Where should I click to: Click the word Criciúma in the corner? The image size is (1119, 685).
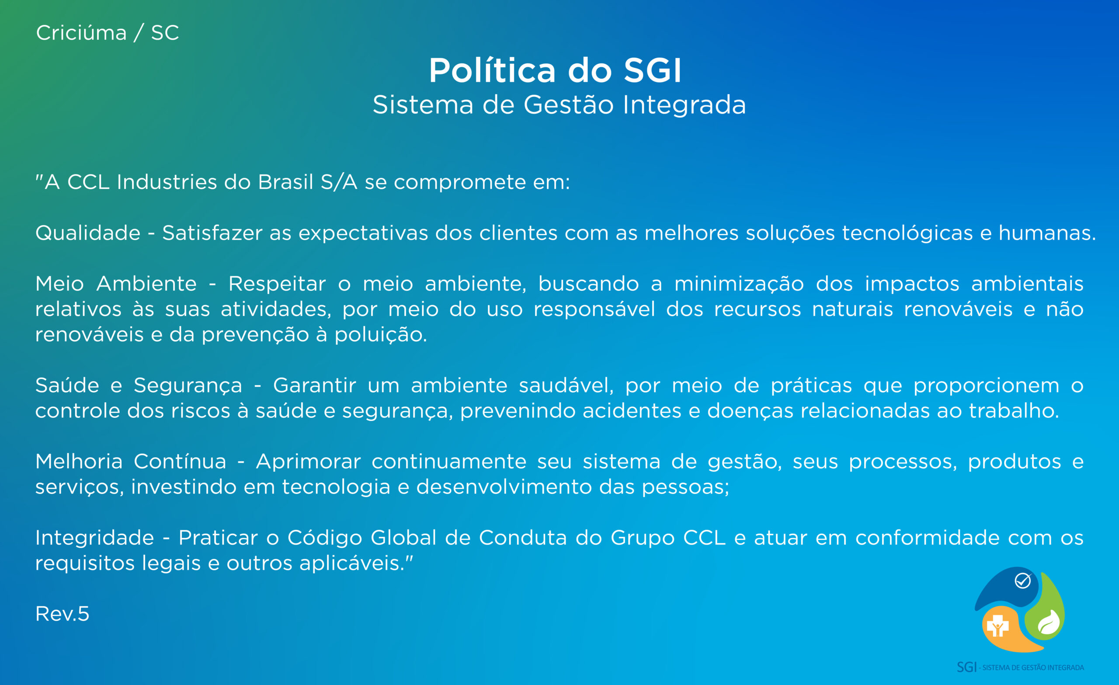pyautogui.click(x=81, y=33)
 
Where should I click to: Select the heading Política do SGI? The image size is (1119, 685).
pyautogui.click(x=555, y=70)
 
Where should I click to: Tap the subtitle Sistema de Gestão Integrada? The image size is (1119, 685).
pyautogui.click(x=559, y=104)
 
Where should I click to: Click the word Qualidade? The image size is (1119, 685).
pyautogui.click(x=88, y=233)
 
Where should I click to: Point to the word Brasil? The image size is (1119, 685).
pyautogui.click(x=286, y=182)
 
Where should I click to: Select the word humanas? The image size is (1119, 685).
pyautogui.click(x=1047, y=233)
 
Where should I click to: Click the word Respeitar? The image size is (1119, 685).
pyautogui.click(x=277, y=284)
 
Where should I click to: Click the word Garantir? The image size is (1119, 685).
pyautogui.click(x=314, y=386)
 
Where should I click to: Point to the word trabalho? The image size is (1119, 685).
pyautogui.click(x=1014, y=410)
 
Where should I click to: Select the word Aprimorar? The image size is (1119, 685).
pyautogui.click(x=308, y=462)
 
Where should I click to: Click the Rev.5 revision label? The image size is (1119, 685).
pyautogui.click(x=62, y=614)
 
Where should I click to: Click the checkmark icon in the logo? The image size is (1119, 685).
pyautogui.click(x=1022, y=581)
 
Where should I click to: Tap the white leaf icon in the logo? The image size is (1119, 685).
pyautogui.click(x=1049, y=622)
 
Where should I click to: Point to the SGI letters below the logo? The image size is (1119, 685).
pyautogui.click(x=967, y=667)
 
